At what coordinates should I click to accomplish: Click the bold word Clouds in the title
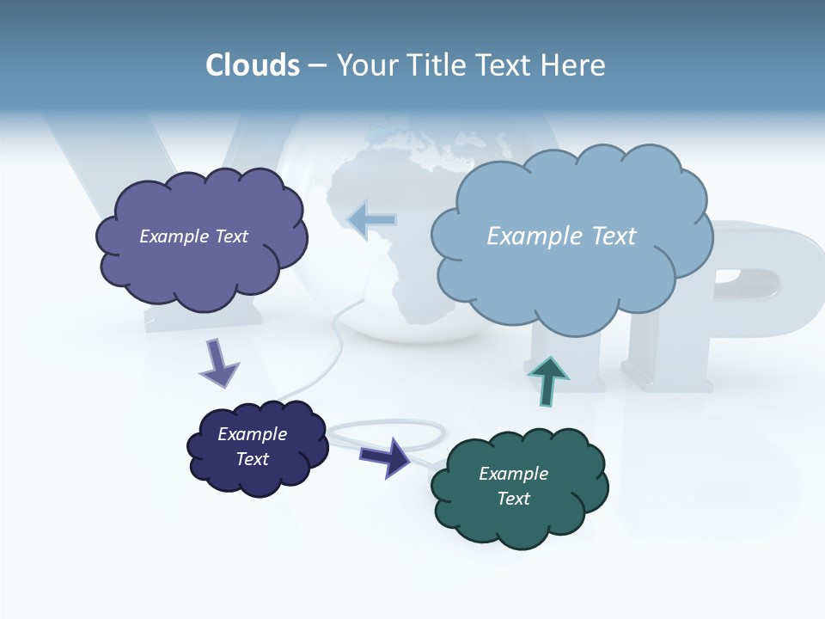(253, 65)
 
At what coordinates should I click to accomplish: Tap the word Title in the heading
(437, 65)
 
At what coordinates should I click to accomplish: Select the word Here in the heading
(573, 65)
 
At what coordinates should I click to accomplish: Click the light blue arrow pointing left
(371, 219)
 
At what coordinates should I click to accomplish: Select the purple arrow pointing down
(220, 363)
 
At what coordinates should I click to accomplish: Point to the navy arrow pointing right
(386, 456)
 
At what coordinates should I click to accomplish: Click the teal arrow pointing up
(548, 380)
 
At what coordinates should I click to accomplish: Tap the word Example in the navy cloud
(252, 434)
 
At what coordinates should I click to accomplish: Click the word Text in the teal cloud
(513, 499)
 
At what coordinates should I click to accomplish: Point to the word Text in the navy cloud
(252, 459)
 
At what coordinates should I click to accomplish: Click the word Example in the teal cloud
(513, 474)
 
